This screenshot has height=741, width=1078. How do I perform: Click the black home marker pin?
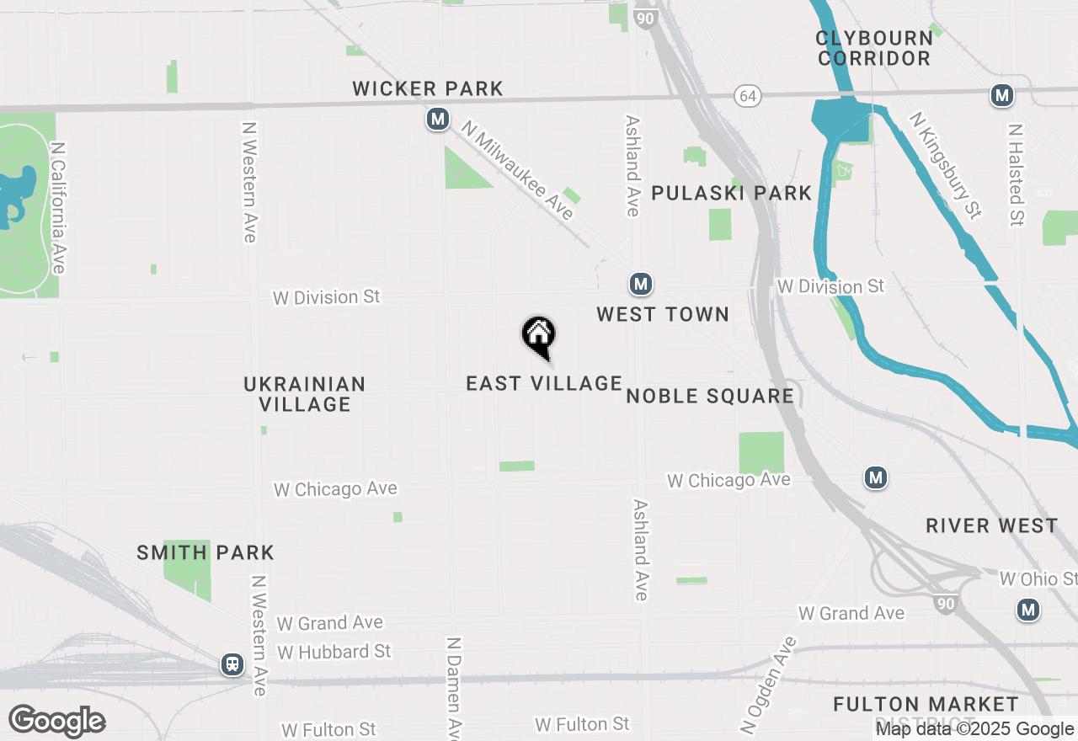[x=539, y=336]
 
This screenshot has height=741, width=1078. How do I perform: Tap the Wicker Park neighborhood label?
[x=428, y=88]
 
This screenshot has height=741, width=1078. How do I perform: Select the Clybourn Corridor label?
[x=874, y=48]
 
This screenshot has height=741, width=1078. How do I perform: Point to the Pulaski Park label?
[x=732, y=193]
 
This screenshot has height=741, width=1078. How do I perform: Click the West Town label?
[x=663, y=314]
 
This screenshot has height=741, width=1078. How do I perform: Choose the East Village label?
[x=544, y=383]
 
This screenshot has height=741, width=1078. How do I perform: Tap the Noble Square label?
[x=710, y=396]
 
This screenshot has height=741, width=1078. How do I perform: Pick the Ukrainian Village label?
[x=305, y=394]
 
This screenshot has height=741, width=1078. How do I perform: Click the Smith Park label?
[x=205, y=552]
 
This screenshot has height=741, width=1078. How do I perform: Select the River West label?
[x=991, y=525]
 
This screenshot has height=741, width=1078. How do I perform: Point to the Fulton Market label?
[x=926, y=704]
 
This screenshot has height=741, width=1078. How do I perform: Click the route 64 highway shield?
[x=747, y=96]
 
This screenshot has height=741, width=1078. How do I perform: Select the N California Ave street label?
[x=57, y=207]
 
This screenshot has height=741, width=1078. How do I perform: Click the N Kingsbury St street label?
[x=946, y=165]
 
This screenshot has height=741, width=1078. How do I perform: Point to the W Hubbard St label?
[x=334, y=652]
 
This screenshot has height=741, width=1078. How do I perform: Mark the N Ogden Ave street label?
[x=767, y=685]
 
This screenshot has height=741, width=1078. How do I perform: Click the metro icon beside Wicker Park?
[x=437, y=120]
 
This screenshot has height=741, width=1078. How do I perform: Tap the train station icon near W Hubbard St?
[x=232, y=664]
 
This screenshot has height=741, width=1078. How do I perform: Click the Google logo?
[x=57, y=722]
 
